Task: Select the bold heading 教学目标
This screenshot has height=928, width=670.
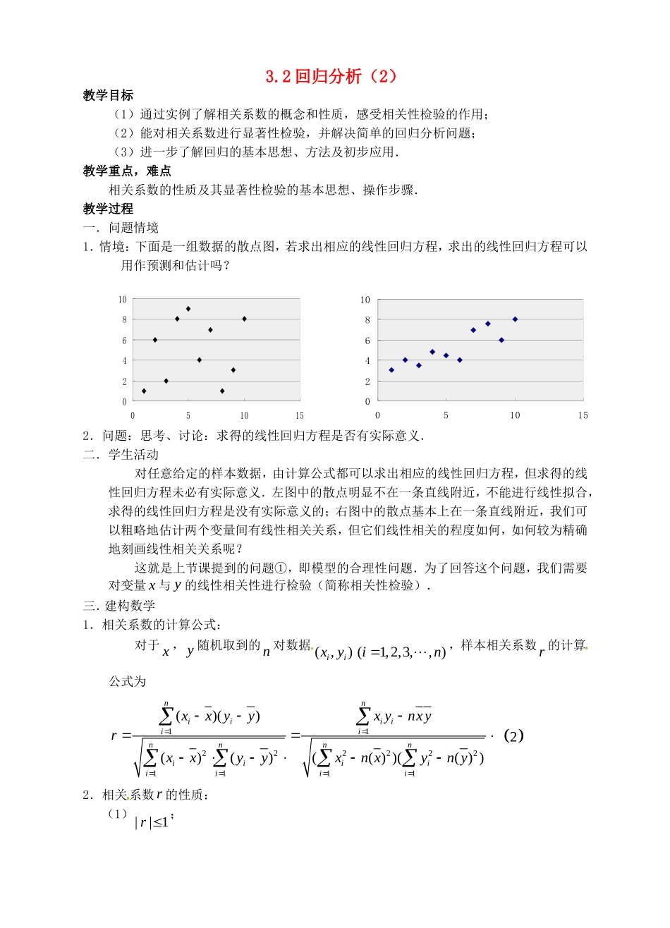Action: point(108,96)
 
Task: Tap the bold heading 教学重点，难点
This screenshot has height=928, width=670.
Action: point(127,171)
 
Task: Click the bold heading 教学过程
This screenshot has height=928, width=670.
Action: point(108,209)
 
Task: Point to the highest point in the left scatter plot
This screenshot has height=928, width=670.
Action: point(188,309)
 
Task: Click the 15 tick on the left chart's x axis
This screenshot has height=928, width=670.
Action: point(300,415)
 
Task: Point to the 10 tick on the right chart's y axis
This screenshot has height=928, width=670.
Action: point(365,300)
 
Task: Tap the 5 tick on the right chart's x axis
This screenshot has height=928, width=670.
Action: point(446,415)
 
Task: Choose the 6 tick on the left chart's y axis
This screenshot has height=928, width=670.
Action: point(124,341)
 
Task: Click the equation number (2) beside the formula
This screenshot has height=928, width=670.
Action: point(513,736)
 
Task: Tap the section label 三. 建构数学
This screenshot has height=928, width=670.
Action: point(119,606)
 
